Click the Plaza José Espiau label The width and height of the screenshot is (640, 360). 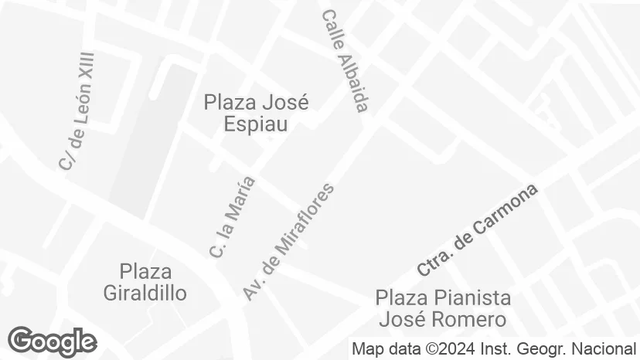pos(256,113)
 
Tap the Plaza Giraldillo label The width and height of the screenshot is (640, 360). pos(145,282)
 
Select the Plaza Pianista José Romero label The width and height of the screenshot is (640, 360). pos(443,308)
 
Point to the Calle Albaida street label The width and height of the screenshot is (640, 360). pos(345,61)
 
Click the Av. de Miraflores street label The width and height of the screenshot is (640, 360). pos(289,241)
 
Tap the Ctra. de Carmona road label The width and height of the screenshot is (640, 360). pos(477,230)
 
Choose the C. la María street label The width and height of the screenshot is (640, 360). pos(232,217)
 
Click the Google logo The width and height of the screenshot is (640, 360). pos(52,341)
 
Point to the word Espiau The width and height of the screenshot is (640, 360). pos(256,124)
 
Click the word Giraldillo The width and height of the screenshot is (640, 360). pos(145,293)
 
